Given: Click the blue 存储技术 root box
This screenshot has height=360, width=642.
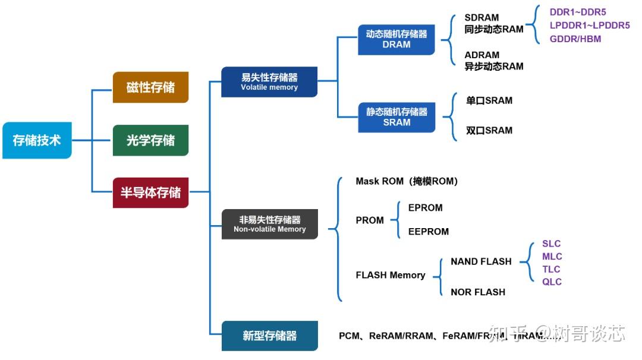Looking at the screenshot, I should pos(37,141).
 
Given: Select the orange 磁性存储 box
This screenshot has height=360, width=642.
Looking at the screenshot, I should pos(150,87).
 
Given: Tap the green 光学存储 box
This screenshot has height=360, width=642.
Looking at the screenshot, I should pos(150,140).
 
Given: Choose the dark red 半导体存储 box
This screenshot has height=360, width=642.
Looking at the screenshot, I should pos(150,192).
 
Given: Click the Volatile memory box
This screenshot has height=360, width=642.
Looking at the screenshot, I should pos(269,82).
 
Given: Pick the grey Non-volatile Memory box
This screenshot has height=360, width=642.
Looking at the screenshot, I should pos(269,224).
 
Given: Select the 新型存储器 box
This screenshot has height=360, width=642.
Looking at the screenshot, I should pos(269,336).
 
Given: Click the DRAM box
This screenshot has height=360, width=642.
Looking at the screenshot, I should pos(396,39).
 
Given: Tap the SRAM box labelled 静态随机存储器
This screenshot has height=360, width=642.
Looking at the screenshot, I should pos(396,117).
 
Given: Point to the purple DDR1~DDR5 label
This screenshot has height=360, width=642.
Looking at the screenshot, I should pos(578,12).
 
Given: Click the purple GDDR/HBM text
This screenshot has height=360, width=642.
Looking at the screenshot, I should pos(575,39).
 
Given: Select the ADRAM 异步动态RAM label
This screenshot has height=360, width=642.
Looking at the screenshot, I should pos(493,61).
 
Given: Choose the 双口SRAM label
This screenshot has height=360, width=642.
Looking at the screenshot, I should pos(489,130).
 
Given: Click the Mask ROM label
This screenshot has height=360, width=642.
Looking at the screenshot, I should pos(407,181).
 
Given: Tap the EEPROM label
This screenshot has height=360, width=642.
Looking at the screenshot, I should pos(428,232).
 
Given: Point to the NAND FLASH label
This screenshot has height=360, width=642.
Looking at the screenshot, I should pos(481,261).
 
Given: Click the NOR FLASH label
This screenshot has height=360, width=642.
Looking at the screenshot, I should pos(478,292).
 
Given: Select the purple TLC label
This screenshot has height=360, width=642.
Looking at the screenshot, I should pos(551,269).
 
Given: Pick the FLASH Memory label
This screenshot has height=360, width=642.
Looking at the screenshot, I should pos(391,275).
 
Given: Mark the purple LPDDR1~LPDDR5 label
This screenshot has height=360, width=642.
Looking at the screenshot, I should pos(589,26).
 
